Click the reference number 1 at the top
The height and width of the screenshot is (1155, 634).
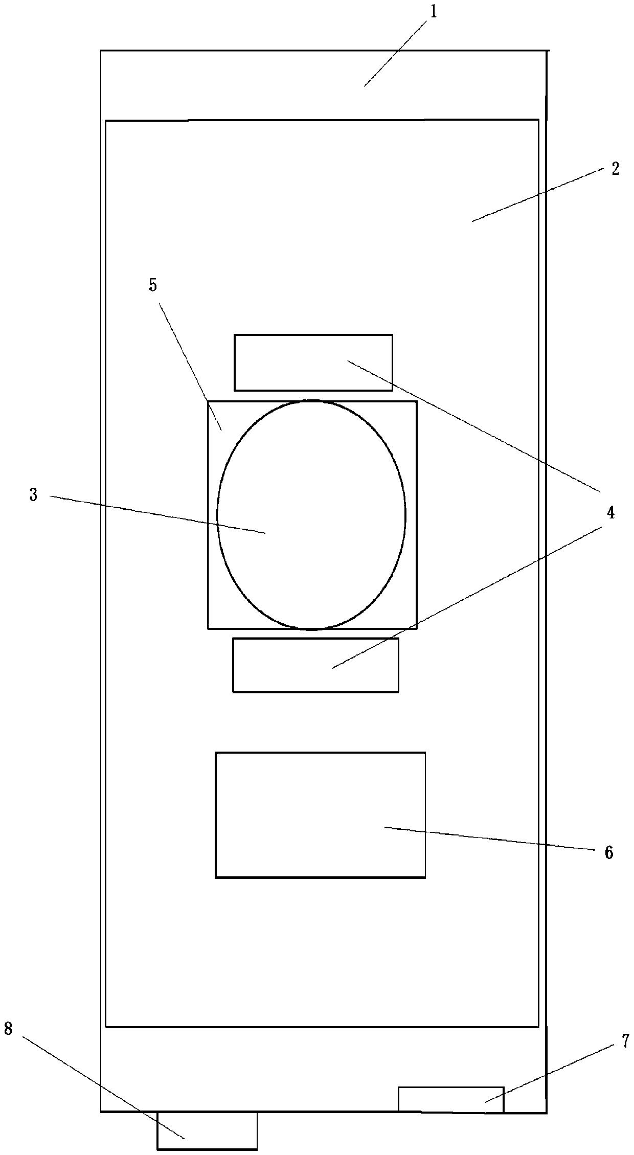pos(433,12)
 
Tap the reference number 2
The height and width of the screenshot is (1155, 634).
pos(615,169)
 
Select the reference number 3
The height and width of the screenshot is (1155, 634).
pos(33,494)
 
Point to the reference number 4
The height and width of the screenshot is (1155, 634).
pos(610,513)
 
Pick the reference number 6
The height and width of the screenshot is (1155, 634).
pos(608,852)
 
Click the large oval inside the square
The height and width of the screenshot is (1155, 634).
pos(311,514)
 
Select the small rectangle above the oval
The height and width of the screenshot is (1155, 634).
pos(313,362)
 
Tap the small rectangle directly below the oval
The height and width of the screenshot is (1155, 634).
pos(315,665)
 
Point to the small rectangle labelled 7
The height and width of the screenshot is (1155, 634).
pos(450,1099)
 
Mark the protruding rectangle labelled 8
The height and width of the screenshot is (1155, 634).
pos(207,1130)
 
